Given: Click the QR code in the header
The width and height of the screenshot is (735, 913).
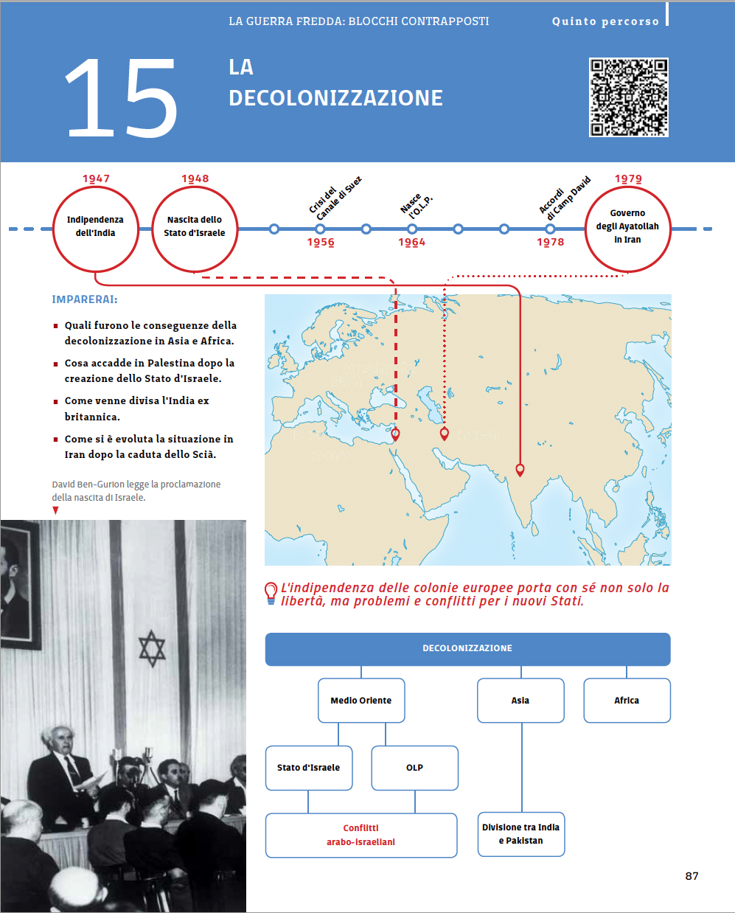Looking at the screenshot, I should pyautogui.click(x=628, y=97).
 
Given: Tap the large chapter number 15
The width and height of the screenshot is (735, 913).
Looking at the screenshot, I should pyautogui.click(x=122, y=99).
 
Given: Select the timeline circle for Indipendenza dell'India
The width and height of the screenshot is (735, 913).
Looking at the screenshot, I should pyautogui.click(x=96, y=229).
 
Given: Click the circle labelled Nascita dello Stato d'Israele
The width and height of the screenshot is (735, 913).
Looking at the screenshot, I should pyautogui.click(x=195, y=229).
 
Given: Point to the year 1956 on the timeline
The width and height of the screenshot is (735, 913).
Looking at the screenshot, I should pyautogui.click(x=321, y=242).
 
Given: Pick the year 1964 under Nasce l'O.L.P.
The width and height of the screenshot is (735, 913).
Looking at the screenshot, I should pyautogui.click(x=412, y=242).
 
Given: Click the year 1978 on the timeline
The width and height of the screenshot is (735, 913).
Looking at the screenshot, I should pyautogui.click(x=550, y=242).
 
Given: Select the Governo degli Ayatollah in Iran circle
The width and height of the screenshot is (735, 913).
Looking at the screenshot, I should pyautogui.click(x=627, y=229).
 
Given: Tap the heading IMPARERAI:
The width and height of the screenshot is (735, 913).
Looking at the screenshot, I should pyautogui.click(x=85, y=299).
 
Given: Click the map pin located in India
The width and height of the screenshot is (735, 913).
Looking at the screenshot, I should pyautogui.click(x=520, y=469).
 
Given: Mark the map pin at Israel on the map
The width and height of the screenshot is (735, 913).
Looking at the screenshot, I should pyautogui.click(x=396, y=434).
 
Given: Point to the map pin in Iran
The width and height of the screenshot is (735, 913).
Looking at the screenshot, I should pyautogui.click(x=444, y=433).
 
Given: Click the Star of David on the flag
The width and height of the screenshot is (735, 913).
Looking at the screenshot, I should pyautogui.click(x=152, y=648).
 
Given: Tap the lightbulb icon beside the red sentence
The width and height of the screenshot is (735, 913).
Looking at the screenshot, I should pyautogui.click(x=271, y=592).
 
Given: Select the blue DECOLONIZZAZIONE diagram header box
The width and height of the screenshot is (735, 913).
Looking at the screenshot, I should pyautogui.click(x=467, y=649).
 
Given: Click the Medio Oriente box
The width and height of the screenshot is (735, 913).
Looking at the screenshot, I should pyautogui.click(x=361, y=701).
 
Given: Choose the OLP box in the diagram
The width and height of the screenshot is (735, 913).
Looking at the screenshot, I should pyautogui.click(x=414, y=768).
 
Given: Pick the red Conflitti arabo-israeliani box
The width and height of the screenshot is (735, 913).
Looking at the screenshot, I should pyautogui.click(x=361, y=835).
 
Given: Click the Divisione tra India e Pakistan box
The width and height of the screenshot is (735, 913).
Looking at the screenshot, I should pyautogui.click(x=521, y=834).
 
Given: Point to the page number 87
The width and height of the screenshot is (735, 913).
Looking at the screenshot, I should pyautogui.click(x=692, y=876).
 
